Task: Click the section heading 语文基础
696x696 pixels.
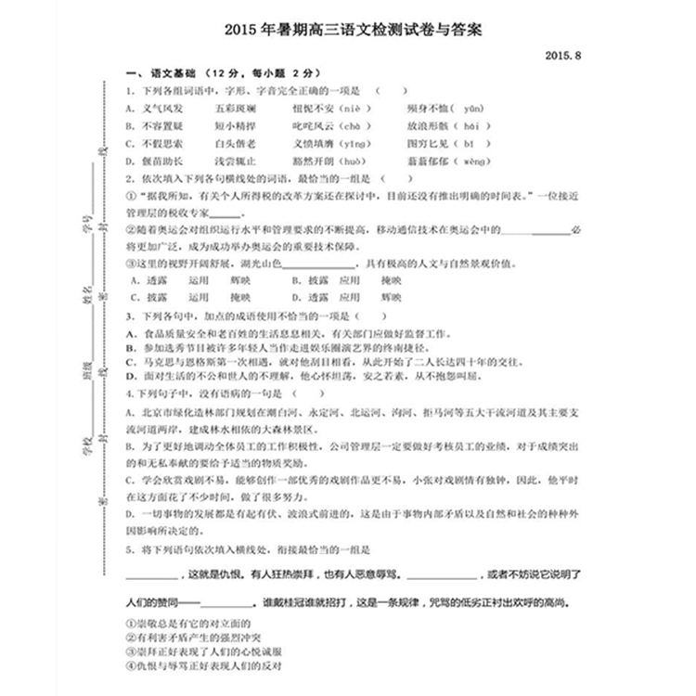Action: click(x=171, y=72)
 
